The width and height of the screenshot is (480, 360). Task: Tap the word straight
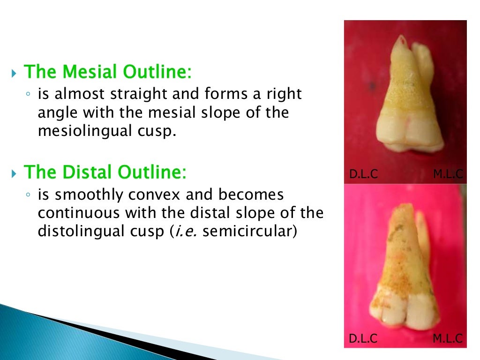click(139, 94)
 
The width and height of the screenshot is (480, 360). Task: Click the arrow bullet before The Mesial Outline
click(14, 73)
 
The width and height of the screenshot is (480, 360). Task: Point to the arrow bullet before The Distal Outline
click(14, 174)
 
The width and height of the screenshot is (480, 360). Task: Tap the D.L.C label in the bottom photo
click(363, 338)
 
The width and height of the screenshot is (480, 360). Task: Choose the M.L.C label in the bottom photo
click(448, 338)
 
